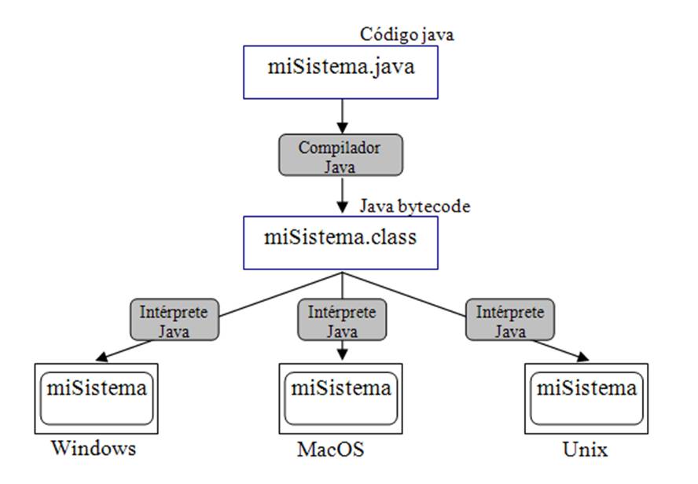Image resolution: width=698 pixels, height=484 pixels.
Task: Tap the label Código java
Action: point(407,35)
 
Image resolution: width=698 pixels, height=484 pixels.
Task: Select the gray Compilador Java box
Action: point(340,154)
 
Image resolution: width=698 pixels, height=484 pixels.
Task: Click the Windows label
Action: point(94,449)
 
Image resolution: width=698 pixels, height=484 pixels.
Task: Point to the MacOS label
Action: point(331,450)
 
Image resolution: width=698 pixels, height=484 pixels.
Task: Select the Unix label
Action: point(586,450)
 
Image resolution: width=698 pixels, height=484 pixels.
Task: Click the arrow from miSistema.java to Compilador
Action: point(341,115)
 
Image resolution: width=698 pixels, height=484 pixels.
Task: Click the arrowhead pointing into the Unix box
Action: point(582,357)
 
